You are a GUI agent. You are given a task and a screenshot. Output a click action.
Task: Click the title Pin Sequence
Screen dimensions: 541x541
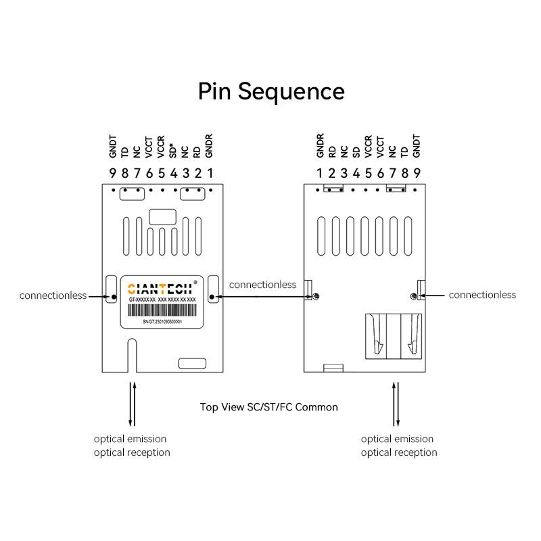point(271,91)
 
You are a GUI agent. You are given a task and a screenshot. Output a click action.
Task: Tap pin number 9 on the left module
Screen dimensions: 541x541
point(113,173)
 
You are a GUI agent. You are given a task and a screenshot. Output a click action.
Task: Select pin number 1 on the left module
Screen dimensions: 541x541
point(210,173)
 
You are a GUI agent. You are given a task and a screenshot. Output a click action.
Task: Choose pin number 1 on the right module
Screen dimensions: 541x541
point(320,173)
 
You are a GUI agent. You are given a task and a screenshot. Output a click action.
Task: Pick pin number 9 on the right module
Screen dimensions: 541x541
point(417,173)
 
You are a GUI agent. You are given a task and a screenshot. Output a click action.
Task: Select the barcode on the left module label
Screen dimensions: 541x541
point(162,311)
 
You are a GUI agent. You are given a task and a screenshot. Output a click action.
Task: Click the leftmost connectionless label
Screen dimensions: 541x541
point(53,296)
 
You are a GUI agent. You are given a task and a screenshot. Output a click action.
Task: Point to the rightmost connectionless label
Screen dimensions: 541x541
point(482,295)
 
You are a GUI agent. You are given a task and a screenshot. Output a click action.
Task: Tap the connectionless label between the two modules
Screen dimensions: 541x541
point(262,285)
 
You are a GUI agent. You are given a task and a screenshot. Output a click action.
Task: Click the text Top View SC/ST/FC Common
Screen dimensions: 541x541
point(269,407)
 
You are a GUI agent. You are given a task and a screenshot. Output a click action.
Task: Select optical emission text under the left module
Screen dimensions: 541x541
point(130,439)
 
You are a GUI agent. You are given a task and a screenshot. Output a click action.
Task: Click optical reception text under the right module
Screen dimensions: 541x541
point(399,452)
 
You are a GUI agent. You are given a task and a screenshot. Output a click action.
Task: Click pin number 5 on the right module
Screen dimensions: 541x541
point(368,173)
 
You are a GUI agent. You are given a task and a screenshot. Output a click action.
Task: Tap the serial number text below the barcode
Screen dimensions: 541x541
point(162,323)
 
